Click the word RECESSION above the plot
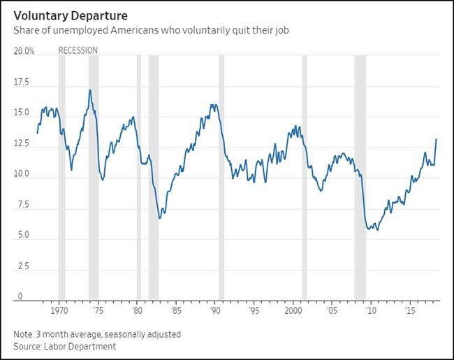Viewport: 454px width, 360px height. tap(78, 50)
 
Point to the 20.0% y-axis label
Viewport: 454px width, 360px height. tap(24, 51)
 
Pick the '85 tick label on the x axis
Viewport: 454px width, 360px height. tap(177, 310)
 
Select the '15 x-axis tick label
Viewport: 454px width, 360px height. tap(411, 310)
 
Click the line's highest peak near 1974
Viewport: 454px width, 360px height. tap(90, 89)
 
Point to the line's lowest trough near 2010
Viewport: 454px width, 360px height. tap(378, 230)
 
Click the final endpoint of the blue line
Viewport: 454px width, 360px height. tap(437, 139)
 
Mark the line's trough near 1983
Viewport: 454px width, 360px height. tap(160, 218)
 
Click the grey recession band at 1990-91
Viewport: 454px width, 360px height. tap(221, 175)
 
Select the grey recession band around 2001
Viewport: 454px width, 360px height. tap(305, 175)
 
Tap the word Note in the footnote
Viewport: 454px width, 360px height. tap(22, 334)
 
